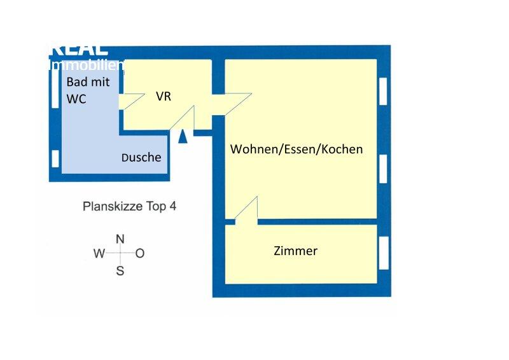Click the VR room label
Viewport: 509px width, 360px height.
164,97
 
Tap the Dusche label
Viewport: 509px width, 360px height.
141,157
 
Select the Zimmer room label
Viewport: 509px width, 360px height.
295,251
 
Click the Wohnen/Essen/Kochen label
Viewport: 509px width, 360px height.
296,149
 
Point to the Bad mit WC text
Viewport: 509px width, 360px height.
88,90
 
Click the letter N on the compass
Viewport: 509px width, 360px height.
120,239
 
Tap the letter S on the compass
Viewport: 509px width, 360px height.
120,270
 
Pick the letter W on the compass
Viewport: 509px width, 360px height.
99,254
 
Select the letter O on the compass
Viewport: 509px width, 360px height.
140,254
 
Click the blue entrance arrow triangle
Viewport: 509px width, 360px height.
183,136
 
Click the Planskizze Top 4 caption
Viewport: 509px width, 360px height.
129,206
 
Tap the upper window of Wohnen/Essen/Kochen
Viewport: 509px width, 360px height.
383,91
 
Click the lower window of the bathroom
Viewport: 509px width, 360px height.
55,157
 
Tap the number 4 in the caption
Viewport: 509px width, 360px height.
172,206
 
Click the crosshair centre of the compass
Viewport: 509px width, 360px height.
120,253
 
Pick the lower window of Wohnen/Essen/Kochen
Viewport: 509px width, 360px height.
383,169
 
